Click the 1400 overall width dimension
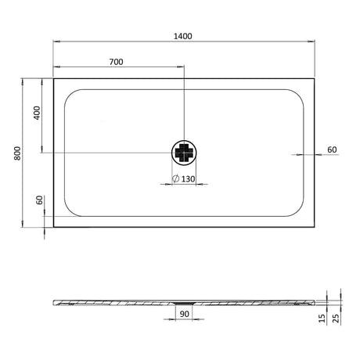pos(184,36)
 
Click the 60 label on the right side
pos(331,149)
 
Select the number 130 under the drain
pos(188,180)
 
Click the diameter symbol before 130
pos(175,180)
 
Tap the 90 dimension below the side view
pos(185,314)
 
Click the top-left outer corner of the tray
pos(53,77)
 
